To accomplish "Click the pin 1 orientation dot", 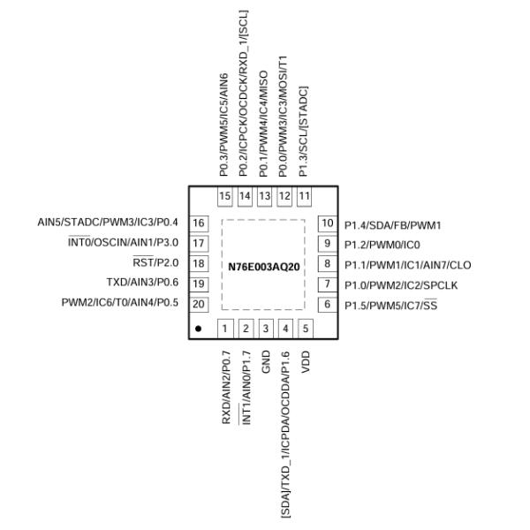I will (x=200, y=329).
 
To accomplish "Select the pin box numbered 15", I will (x=225, y=196).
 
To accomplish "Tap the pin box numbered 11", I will (x=305, y=196).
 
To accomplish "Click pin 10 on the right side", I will (x=327, y=223).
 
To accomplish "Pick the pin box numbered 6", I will (x=327, y=305).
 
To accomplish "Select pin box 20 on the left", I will (x=199, y=304).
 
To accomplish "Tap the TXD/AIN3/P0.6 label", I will (x=142, y=283).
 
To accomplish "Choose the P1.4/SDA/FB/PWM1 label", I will (x=392, y=224).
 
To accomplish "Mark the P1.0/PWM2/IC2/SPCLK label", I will (x=401, y=284).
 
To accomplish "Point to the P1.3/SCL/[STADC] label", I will (x=305, y=132).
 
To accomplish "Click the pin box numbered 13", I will (x=265, y=196).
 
